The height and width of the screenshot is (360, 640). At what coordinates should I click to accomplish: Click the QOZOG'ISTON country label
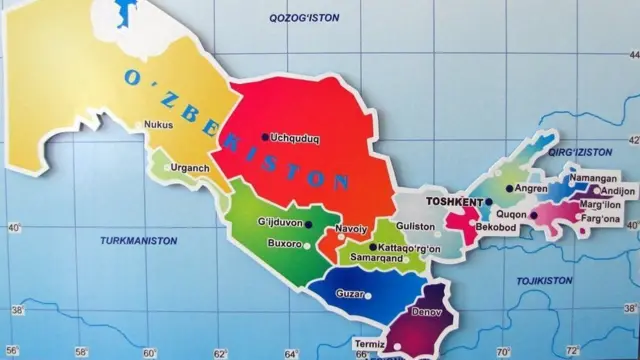coord(305,18)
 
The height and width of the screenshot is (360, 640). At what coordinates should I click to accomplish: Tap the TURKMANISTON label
coord(139,241)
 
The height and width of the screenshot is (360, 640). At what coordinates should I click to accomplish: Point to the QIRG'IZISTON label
coord(580,151)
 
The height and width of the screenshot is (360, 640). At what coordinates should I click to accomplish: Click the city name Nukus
coord(159,125)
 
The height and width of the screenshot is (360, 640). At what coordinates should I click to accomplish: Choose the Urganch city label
coord(190,168)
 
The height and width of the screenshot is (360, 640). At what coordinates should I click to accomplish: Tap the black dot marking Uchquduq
coord(265,137)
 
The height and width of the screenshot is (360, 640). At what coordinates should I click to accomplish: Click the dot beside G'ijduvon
coord(309,224)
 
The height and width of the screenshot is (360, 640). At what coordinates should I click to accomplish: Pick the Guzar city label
coord(350,295)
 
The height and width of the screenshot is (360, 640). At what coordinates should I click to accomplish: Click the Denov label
coord(427,312)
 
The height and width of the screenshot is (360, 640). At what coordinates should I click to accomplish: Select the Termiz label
coord(342,345)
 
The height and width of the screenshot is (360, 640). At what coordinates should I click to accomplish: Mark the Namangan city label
coord(593,178)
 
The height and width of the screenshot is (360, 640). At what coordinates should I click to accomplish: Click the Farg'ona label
coord(600,218)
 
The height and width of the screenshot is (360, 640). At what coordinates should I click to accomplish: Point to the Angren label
coord(530,188)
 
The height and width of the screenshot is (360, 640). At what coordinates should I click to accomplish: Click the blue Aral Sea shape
coord(124,13)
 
